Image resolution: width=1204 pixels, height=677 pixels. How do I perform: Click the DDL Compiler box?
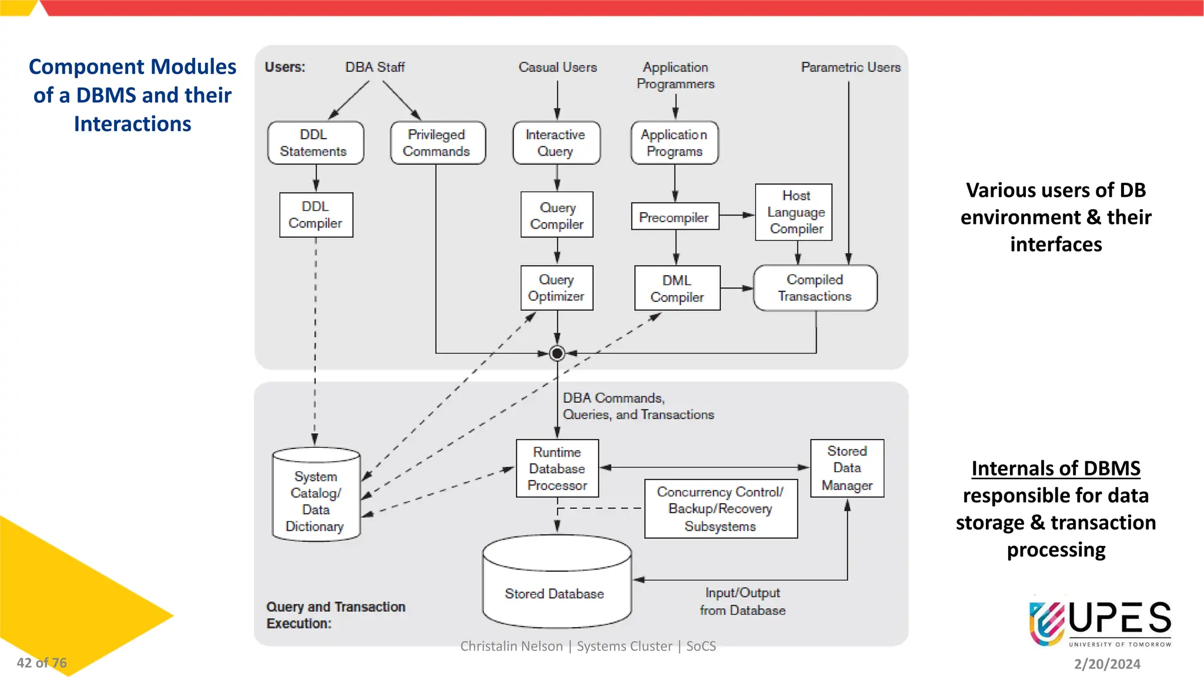tap(316, 215)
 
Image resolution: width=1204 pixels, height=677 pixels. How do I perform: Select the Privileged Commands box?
tap(437, 143)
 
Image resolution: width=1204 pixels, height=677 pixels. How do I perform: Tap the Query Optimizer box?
tap(556, 288)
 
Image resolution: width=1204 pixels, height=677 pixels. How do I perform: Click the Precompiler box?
tap(674, 217)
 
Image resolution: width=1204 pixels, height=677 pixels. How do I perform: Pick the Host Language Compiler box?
tap(794, 212)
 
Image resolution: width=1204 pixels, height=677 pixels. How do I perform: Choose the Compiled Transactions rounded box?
tap(815, 288)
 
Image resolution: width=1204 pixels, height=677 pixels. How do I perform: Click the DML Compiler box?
tap(677, 289)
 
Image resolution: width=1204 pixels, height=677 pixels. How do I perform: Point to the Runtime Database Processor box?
tap(557, 468)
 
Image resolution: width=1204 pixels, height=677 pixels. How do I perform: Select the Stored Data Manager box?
tap(847, 468)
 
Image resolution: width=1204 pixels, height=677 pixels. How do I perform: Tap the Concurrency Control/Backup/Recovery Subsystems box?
tap(720, 509)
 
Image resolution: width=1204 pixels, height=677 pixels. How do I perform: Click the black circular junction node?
tap(557, 353)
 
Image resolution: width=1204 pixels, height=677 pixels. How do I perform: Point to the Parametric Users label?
tap(850, 68)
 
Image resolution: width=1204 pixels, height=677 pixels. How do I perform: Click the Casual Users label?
tap(557, 68)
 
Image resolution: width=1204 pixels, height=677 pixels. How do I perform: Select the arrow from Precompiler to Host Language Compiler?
tap(737, 215)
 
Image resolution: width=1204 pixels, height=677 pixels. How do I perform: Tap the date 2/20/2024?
tap(1107, 664)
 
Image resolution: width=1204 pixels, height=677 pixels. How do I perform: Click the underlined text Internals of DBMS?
tap(1055, 468)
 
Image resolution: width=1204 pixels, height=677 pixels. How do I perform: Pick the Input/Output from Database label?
tap(743, 601)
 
